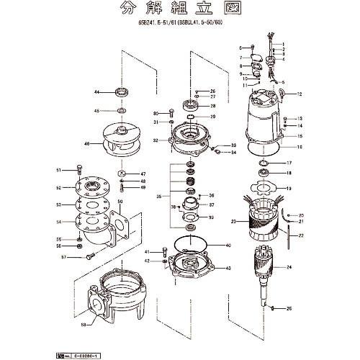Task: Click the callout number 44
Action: click(x=96, y=93)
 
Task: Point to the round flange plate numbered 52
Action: click(x=92, y=188)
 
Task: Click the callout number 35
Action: click(x=160, y=195)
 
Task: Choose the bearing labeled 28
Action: click(x=192, y=105)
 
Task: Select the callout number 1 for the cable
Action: click(x=283, y=44)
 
